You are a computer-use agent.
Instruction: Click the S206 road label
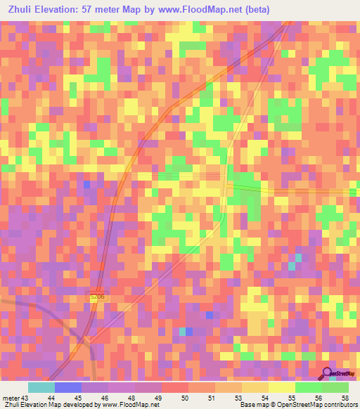click(97, 298)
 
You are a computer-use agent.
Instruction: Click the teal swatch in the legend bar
click(41, 387)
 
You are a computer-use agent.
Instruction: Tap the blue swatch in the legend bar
click(68, 387)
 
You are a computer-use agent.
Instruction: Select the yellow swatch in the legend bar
click(281, 387)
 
